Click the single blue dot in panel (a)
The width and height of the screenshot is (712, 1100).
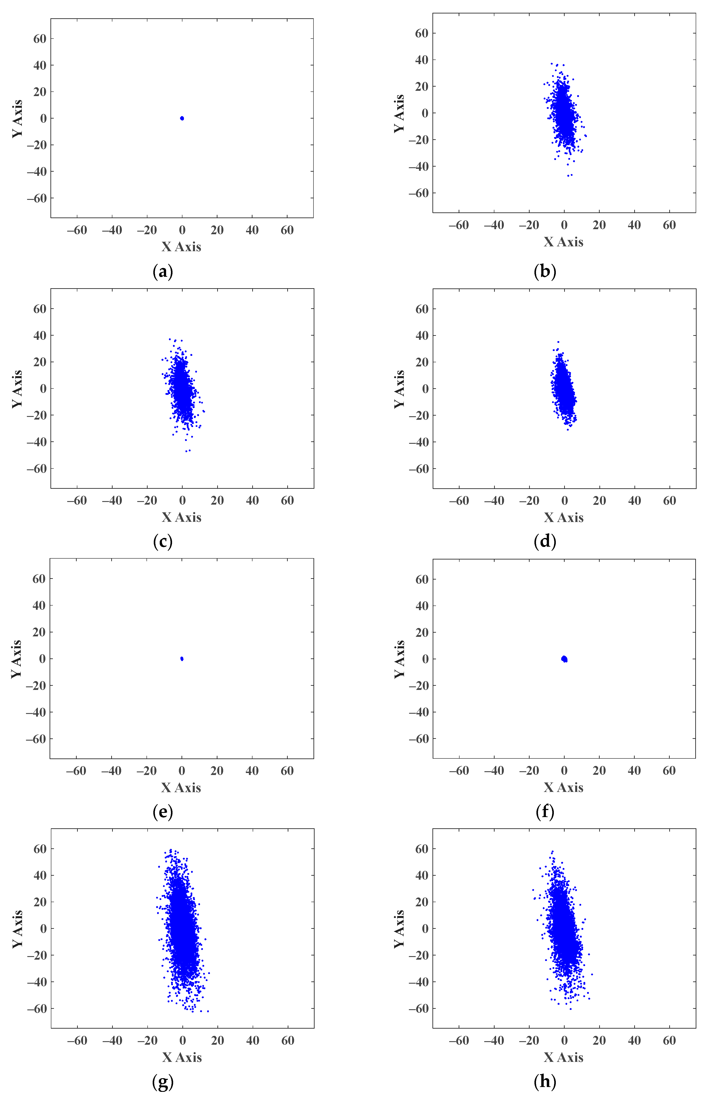(x=182, y=118)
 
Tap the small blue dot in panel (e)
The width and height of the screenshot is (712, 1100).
(x=182, y=659)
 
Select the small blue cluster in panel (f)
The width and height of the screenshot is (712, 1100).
(x=564, y=659)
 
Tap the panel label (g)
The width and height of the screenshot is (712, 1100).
(x=163, y=1081)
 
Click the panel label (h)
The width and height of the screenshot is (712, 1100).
(x=545, y=1081)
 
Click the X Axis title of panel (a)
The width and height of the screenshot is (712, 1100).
(x=182, y=247)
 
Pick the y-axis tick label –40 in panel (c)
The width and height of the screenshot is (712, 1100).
(x=37, y=442)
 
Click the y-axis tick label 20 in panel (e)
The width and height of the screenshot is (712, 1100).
(x=39, y=632)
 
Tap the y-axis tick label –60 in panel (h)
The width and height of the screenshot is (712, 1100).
(x=419, y=1009)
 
